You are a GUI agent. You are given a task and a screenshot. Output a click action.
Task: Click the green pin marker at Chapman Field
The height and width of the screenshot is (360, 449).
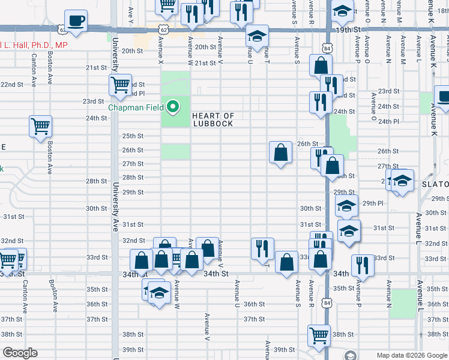173,107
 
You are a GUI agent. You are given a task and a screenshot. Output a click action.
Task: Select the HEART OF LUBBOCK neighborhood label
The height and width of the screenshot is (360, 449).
212,119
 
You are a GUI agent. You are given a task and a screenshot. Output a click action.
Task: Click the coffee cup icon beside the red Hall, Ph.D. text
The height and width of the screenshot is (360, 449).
76,21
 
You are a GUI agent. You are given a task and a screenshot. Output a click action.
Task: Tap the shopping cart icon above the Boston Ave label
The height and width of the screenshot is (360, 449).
41,127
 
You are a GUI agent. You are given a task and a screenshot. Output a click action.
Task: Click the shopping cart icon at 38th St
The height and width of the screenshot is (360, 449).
319,335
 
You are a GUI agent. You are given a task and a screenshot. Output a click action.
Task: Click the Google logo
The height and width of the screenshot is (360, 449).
19,353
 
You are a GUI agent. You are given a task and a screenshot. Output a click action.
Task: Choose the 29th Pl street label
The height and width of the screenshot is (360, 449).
372,203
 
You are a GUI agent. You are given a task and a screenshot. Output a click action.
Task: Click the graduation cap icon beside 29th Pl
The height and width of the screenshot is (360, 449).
346,206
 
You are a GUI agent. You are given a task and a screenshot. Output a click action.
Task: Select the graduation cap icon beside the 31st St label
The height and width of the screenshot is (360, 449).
349,231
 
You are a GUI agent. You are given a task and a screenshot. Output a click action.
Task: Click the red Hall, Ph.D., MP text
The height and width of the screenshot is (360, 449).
35,46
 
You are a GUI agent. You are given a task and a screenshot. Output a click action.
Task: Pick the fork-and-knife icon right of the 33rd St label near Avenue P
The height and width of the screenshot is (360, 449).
363,264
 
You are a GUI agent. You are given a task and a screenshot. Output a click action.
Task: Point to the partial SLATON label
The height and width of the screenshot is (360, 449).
436,184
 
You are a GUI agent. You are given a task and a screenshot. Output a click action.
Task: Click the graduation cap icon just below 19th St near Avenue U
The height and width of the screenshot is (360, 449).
257,37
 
